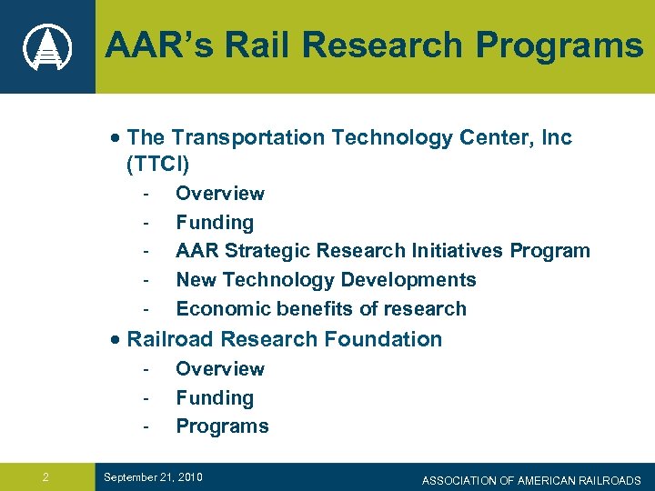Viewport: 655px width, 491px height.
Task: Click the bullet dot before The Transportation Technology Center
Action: [x=113, y=138]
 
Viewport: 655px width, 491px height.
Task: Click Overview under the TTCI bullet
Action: [x=220, y=194]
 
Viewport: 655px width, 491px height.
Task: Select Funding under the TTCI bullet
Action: [x=215, y=223]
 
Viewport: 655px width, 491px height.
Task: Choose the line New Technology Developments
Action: [x=326, y=280]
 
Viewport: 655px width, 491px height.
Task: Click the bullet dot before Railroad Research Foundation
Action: [x=113, y=340]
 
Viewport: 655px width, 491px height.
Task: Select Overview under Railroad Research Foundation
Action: [x=220, y=369]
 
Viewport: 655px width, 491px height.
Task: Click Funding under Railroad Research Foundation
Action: [x=215, y=398]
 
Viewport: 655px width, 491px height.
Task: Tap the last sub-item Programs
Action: [x=222, y=426]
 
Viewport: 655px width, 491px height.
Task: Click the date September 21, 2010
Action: [x=153, y=477]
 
